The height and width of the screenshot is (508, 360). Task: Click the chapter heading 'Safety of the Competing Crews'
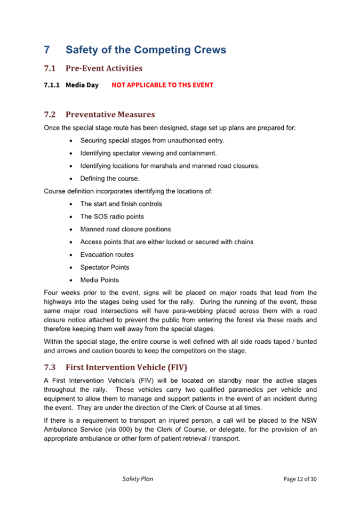[x=146, y=50]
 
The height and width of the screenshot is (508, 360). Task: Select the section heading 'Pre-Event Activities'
[x=103, y=68]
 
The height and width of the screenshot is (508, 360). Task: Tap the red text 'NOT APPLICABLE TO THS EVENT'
[x=162, y=85]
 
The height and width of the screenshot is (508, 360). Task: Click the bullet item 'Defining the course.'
[x=110, y=179]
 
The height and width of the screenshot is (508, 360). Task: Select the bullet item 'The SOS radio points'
[x=112, y=216]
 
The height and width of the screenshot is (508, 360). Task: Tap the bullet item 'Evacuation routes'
[x=107, y=255]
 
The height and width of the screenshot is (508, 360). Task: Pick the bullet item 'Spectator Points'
[x=105, y=267]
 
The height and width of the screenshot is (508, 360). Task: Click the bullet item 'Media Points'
[x=99, y=280]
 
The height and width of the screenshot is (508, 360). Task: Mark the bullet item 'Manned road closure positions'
[x=125, y=229]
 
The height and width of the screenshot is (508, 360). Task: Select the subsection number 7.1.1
[x=52, y=85]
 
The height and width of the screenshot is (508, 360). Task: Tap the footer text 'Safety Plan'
[x=137, y=479]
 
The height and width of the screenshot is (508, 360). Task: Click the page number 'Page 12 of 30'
[x=300, y=479]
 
